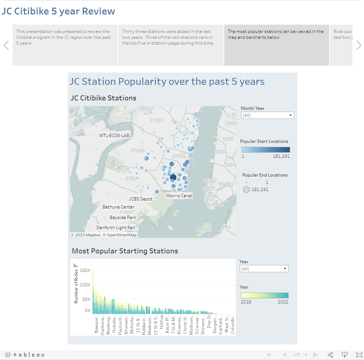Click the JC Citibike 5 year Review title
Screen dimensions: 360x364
point(58,11)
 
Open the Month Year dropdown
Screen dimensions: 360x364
point(267,115)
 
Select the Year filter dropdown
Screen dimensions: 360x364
point(264,269)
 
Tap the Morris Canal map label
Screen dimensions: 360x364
point(179,195)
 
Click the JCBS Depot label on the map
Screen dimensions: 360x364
point(141,199)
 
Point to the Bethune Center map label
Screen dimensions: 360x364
point(118,207)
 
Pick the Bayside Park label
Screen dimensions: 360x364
point(123,218)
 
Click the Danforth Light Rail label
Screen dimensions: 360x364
point(116,228)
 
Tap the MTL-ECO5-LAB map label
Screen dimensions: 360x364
point(114,135)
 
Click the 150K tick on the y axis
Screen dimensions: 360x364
point(85,270)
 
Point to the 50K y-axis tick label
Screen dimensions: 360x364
point(86,299)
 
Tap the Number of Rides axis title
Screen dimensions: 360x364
point(76,286)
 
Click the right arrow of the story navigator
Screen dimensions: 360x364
point(359,45)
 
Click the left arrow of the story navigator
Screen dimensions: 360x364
point(6,45)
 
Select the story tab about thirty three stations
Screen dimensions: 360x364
point(171,45)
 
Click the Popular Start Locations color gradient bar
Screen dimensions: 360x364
point(265,150)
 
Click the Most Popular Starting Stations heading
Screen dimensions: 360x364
point(125,251)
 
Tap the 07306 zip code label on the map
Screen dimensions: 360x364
point(138,150)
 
